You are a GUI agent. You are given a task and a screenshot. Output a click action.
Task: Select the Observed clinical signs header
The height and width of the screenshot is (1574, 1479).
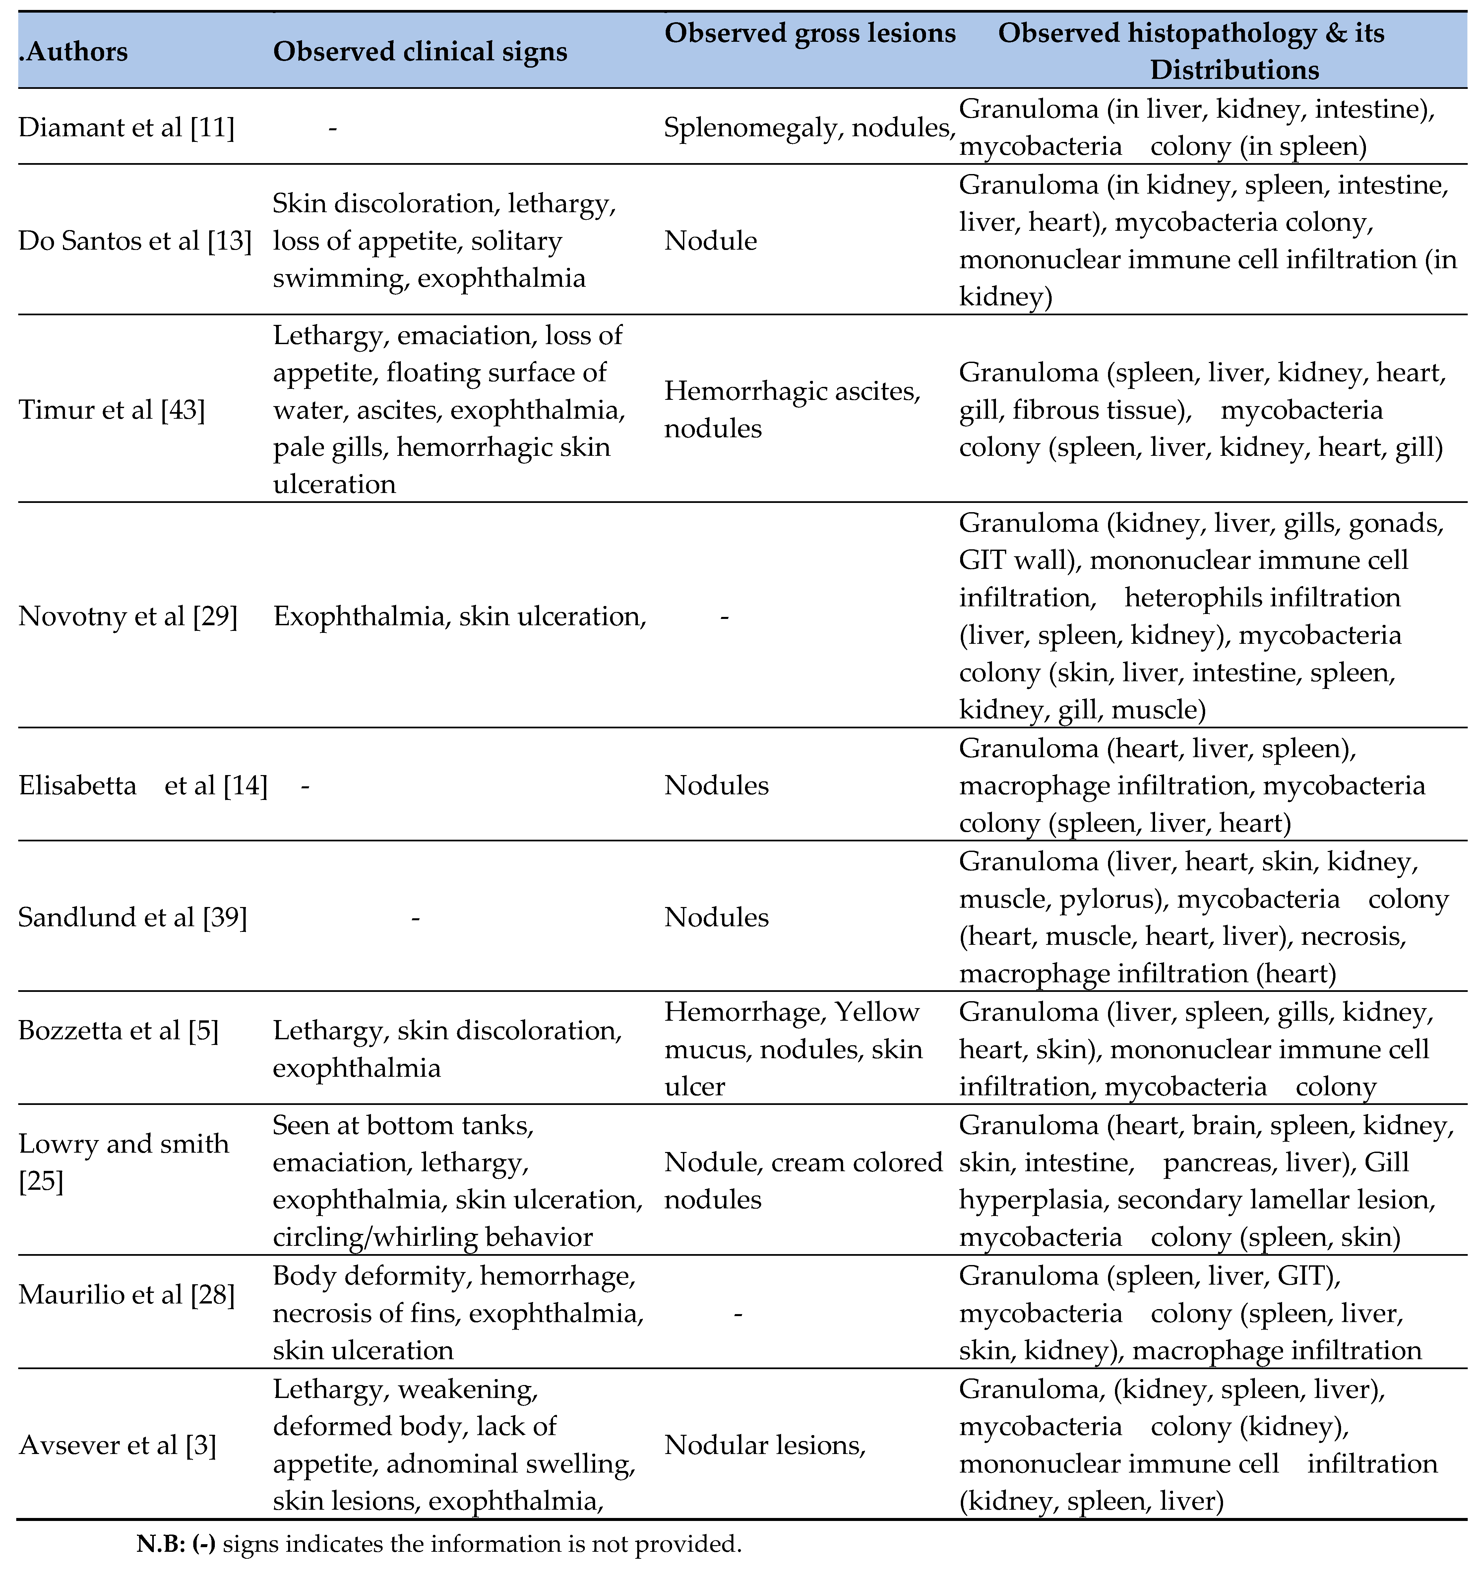coord(420,52)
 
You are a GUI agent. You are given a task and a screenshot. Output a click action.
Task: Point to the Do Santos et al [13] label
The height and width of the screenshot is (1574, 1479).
coord(135,241)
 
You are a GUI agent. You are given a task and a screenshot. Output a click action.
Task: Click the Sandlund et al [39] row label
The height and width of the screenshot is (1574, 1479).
coord(132,917)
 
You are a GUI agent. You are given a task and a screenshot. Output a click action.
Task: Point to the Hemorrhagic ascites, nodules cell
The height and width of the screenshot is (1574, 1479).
coord(792,409)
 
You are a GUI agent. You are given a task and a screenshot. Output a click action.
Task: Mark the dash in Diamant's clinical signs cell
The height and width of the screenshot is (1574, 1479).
coord(333,128)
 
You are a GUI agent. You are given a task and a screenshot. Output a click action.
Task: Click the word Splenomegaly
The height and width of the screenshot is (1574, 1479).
coord(750,128)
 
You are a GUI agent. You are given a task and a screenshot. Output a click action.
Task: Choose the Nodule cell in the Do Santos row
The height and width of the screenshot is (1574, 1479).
coord(710,241)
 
